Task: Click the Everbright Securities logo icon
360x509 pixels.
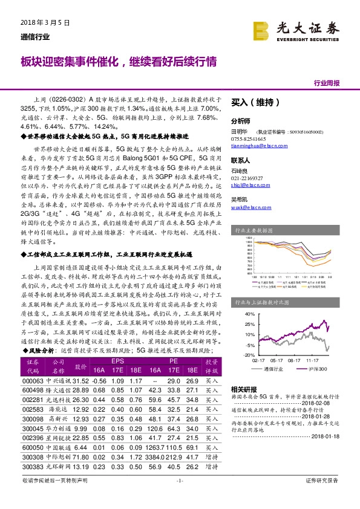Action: point(261,28)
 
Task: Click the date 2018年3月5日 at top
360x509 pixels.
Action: point(42,22)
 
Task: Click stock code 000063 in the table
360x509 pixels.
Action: point(33,381)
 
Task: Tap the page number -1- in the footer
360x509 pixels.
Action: point(180,481)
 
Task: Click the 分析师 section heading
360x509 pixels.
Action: point(241,120)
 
